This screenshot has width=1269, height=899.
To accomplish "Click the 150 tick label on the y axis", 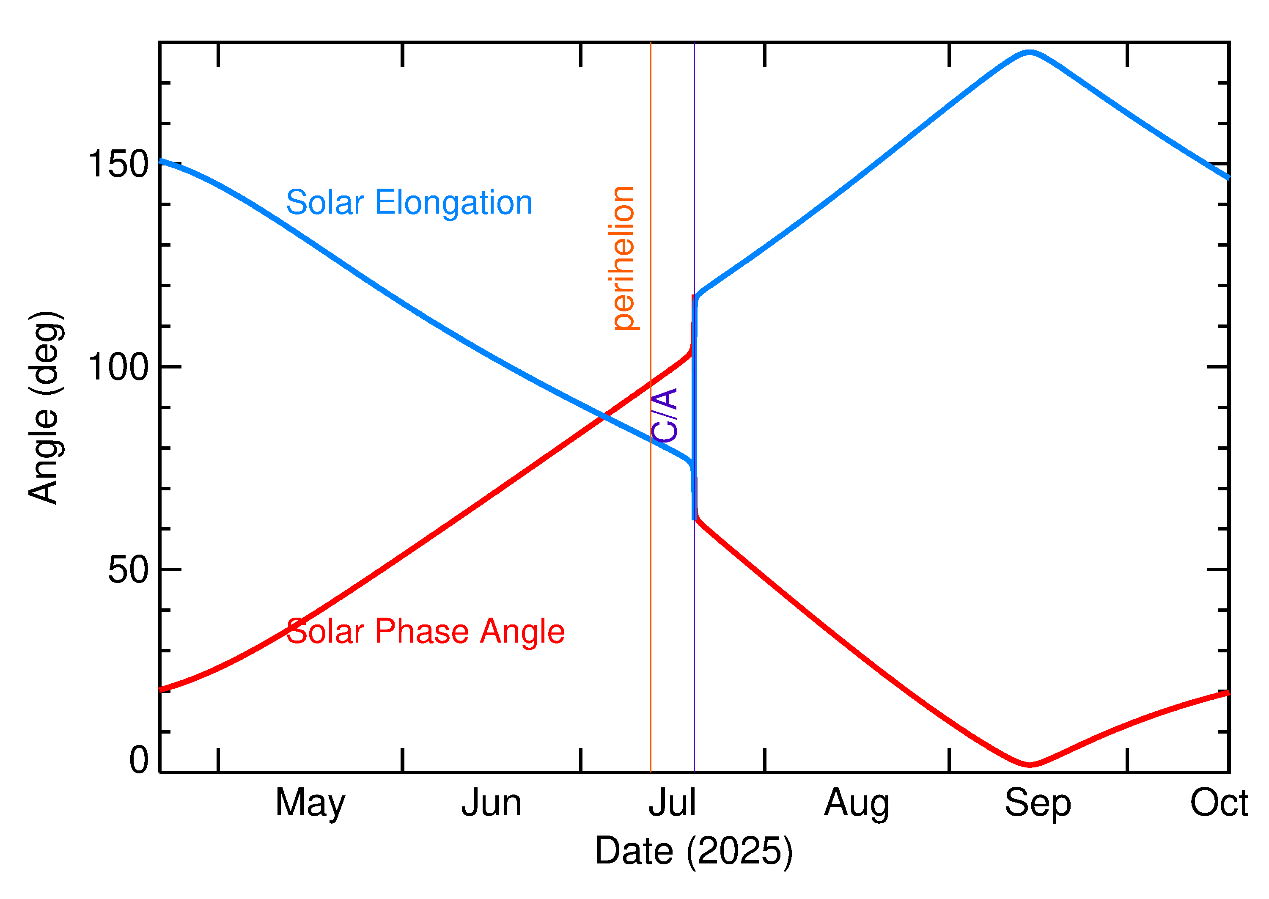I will click(x=118, y=165).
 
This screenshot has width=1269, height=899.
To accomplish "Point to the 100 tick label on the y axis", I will click(x=118, y=366).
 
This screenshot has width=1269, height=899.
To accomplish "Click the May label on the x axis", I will click(x=310, y=804).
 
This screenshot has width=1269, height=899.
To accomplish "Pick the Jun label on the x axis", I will click(x=492, y=803).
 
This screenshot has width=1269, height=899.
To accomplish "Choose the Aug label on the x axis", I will click(x=857, y=804).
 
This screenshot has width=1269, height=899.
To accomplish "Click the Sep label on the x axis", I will click(x=1038, y=804).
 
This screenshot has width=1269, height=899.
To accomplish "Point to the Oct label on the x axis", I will click(x=1219, y=803).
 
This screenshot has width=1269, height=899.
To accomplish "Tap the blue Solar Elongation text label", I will click(x=409, y=203).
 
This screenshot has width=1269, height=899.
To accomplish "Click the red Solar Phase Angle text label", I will click(x=425, y=631).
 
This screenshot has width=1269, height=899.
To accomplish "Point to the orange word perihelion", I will click(x=623, y=258).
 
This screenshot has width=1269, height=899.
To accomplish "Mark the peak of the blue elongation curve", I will click(x=1029, y=52).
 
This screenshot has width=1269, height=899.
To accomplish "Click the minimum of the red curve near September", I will click(x=1029, y=765).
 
